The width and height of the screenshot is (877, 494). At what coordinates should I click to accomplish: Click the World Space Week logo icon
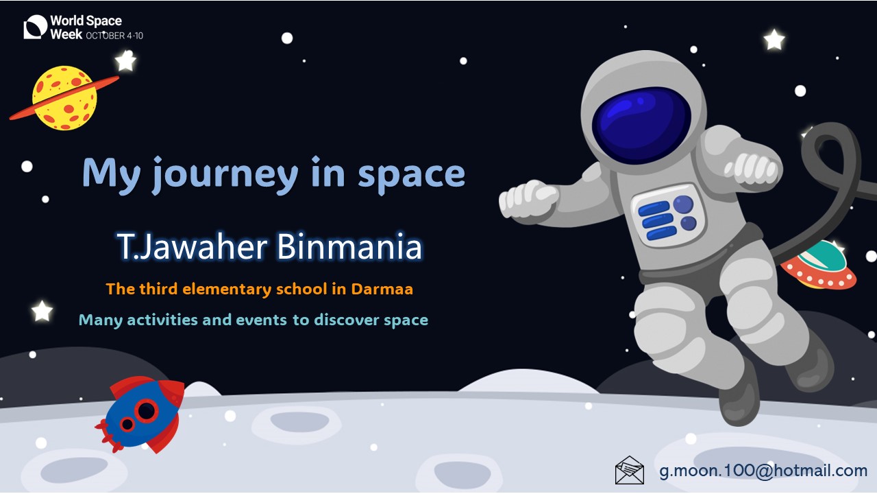(35, 27)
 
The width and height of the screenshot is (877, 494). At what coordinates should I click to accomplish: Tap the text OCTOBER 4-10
(114, 36)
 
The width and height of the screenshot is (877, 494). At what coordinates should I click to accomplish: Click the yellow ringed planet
(64, 98)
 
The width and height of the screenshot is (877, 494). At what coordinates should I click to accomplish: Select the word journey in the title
(225, 174)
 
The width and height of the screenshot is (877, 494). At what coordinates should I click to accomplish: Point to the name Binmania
(349, 246)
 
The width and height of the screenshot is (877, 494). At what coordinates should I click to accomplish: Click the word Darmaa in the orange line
(382, 289)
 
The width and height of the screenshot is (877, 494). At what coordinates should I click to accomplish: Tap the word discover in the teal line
(347, 320)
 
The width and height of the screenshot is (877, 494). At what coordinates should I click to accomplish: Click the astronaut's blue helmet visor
(641, 125)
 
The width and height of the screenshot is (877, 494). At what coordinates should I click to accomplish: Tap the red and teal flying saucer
(819, 266)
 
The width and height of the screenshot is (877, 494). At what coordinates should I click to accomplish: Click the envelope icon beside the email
(629, 470)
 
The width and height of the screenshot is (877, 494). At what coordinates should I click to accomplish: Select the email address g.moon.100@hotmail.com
(763, 471)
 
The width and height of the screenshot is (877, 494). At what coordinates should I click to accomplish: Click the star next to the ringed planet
(125, 61)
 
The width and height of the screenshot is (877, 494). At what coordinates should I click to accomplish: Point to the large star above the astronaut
(774, 40)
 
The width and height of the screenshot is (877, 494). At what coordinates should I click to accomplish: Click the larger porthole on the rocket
(147, 410)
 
